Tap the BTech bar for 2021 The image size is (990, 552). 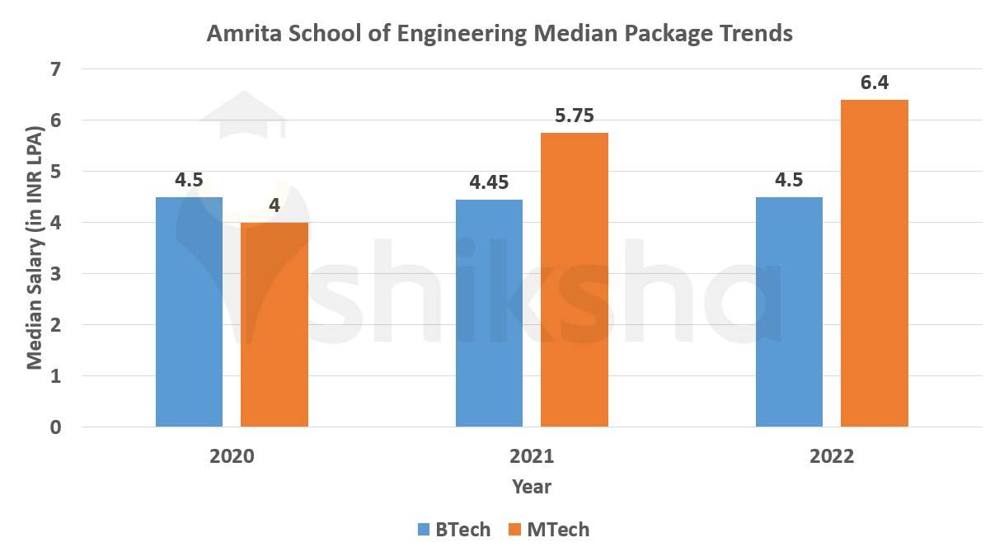pyautogui.click(x=490, y=314)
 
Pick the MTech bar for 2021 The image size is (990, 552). pyautogui.click(x=575, y=280)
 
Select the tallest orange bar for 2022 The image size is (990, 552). pyautogui.click(x=875, y=263)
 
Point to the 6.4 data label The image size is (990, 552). pyautogui.click(x=875, y=83)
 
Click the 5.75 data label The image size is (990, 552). pyautogui.click(x=575, y=116)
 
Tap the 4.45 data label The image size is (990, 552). pyautogui.click(x=490, y=183)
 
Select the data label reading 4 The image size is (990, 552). pyautogui.click(x=274, y=205)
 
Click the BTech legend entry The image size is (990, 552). pyautogui.click(x=454, y=530)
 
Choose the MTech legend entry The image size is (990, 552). pyautogui.click(x=548, y=530)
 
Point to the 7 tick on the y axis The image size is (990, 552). pyautogui.click(x=55, y=69)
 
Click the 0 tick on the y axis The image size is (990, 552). pyautogui.click(x=55, y=427)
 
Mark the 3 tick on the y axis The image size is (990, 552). pyautogui.click(x=55, y=274)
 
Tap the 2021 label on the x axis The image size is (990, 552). pyautogui.click(x=532, y=457)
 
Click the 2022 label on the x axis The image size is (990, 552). pyautogui.click(x=832, y=457)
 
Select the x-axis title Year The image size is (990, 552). pyautogui.click(x=532, y=487)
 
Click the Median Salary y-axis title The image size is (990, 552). pyautogui.click(x=35, y=248)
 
